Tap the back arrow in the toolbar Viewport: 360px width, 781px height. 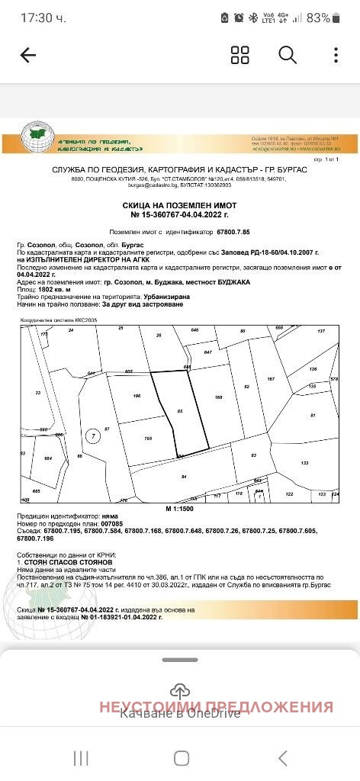click(x=28, y=55)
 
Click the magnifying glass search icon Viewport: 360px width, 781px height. click(x=288, y=55)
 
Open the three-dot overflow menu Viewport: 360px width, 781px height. click(x=336, y=55)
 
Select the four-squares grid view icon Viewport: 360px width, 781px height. click(x=240, y=55)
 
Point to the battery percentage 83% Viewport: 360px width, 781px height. click(x=319, y=18)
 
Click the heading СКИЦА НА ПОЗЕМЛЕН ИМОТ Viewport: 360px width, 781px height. click(x=179, y=206)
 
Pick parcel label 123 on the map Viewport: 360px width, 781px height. click(x=305, y=464)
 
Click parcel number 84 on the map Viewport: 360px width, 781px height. click(x=184, y=477)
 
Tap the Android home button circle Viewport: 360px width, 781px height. click(x=181, y=757)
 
